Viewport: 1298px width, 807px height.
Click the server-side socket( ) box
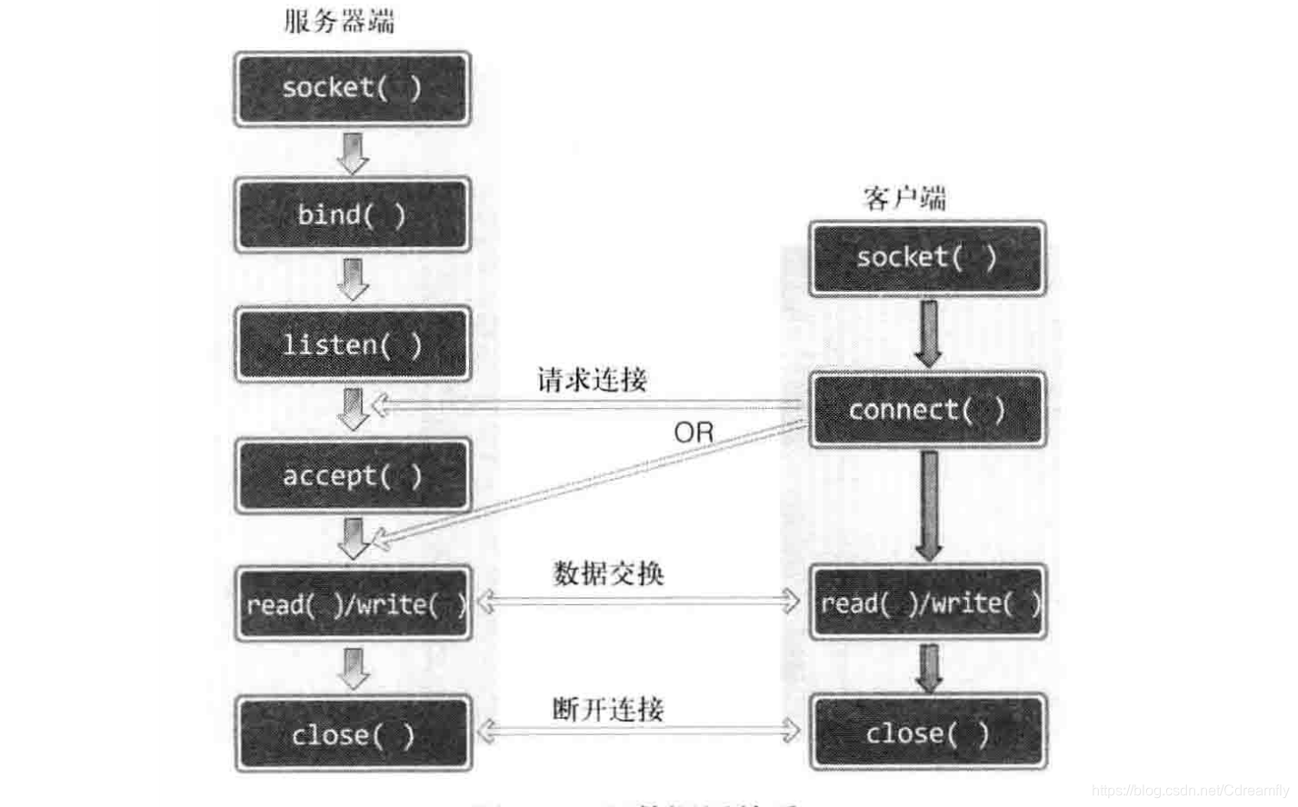point(352,88)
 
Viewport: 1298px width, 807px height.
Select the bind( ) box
point(352,215)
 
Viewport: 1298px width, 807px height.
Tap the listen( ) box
point(352,344)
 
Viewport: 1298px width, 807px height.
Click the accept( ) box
point(352,475)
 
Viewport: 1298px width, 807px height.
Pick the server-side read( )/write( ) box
point(354,604)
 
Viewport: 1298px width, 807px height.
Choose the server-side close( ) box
point(354,734)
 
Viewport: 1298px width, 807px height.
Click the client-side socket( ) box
point(927,258)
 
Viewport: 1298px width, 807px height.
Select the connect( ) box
point(927,410)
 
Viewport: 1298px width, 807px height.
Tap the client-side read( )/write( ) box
point(928,603)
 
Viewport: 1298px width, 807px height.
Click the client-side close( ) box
point(928,732)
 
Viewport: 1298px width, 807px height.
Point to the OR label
point(694,433)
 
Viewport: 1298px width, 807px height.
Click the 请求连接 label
point(592,379)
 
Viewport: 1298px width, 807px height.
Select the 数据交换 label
point(608,573)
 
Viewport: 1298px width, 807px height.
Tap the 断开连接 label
point(608,709)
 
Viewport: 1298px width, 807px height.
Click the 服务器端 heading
point(339,21)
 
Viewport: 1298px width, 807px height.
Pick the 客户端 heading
point(904,197)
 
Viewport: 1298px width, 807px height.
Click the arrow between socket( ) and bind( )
point(352,153)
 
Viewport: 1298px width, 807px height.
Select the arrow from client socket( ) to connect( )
point(928,334)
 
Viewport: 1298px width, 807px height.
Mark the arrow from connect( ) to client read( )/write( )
point(928,505)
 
